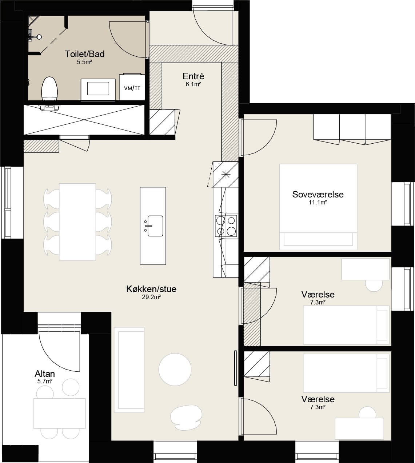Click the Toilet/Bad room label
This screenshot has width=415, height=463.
click(84, 54)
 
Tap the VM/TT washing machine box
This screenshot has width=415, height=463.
click(132, 87)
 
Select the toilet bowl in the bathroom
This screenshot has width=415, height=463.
click(49, 89)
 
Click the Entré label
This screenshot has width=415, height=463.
click(193, 76)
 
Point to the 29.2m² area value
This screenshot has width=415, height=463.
click(151, 297)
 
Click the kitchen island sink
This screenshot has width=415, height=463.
click(155, 226)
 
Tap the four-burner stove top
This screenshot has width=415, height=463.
click(226, 226)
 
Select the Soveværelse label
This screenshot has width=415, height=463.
click(318, 194)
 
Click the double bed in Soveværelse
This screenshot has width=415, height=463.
click(318, 207)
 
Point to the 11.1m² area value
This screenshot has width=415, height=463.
click(318, 202)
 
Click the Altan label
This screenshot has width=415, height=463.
click(45, 374)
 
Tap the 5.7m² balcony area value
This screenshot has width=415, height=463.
click(45, 381)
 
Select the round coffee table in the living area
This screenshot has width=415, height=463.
click(175, 369)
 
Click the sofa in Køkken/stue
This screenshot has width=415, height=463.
click(129, 370)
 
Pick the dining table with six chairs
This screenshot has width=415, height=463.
click(77, 222)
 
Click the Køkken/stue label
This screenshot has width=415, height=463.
click(151, 289)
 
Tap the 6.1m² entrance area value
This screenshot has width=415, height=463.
click(193, 84)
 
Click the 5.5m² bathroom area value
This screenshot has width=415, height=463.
click(84, 62)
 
